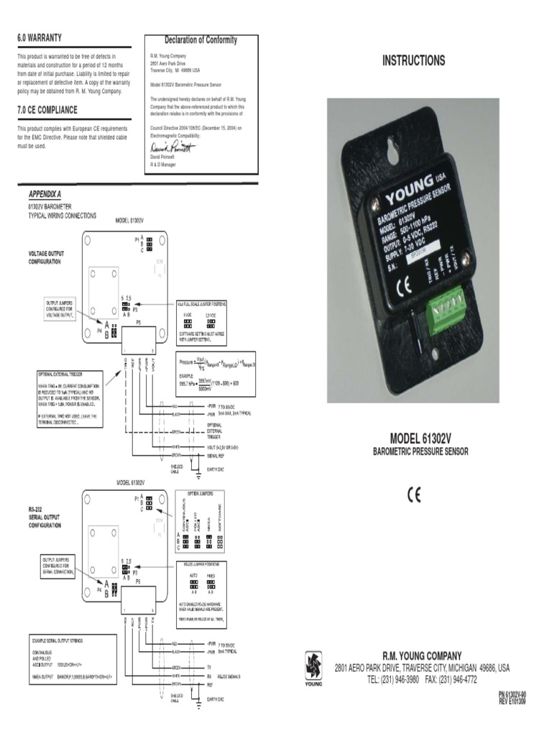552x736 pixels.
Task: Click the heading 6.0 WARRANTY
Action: pos(40,37)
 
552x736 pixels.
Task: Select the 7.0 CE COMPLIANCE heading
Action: pos(47,110)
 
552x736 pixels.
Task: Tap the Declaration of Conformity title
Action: pos(201,40)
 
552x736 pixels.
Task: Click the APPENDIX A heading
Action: pos(45,195)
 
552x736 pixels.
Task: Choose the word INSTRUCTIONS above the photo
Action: pos(413,61)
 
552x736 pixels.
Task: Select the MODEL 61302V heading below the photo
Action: pos(420,438)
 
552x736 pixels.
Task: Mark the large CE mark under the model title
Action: pos(415,494)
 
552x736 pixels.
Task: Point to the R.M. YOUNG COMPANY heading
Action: pos(422,655)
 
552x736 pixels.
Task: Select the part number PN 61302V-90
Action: pos(512,695)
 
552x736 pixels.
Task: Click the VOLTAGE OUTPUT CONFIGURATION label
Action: pos(44,258)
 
